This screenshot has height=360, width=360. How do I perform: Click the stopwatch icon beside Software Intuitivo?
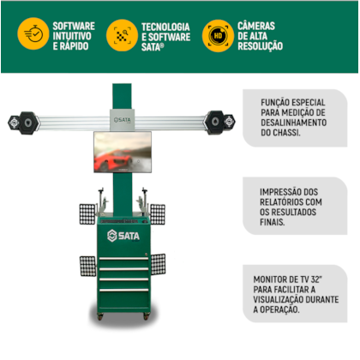pyautogui.click(x=33, y=33)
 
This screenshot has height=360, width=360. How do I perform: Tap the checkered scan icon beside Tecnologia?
pyautogui.click(x=123, y=36)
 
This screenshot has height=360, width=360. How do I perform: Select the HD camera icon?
pyautogui.click(x=219, y=36)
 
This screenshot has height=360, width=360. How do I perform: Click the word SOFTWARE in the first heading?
pyautogui.click(x=74, y=26)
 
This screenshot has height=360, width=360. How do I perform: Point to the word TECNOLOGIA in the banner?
pyautogui.click(x=165, y=27)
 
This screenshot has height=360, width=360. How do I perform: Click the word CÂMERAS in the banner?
pyautogui.click(x=256, y=26)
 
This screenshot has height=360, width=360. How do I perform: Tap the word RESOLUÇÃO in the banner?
pyautogui.click(x=261, y=46)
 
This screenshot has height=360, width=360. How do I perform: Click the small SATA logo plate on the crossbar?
pyautogui.click(x=123, y=120)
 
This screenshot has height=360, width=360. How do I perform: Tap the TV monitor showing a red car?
pyautogui.click(x=123, y=152)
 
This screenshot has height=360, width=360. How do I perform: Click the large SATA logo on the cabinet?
pyautogui.click(x=123, y=236)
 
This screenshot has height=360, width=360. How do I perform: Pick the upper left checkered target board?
pyautogui.click(x=87, y=214)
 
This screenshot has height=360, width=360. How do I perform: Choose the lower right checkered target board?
pyautogui.click(x=158, y=264)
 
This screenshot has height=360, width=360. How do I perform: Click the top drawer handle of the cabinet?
pyautogui.click(x=124, y=259)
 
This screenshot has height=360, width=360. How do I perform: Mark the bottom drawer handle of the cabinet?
pyautogui.click(x=124, y=290)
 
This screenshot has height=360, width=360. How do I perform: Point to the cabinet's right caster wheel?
pyautogui.click(x=147, y=316)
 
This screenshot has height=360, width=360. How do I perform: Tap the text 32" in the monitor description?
pyautogui.click(x=315, y=279)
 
